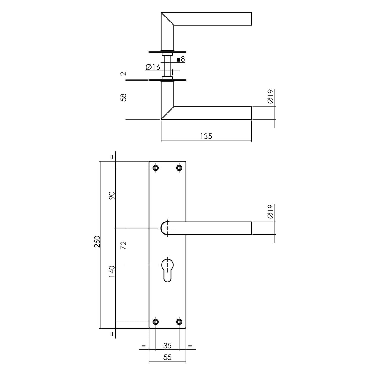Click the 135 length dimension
(206, 136)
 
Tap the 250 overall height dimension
(97, 242)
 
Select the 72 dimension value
(123, 245)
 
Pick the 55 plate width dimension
(167, 363)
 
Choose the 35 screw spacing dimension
(167, 346)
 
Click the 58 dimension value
(123, 97)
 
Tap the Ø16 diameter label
(153, 67)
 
